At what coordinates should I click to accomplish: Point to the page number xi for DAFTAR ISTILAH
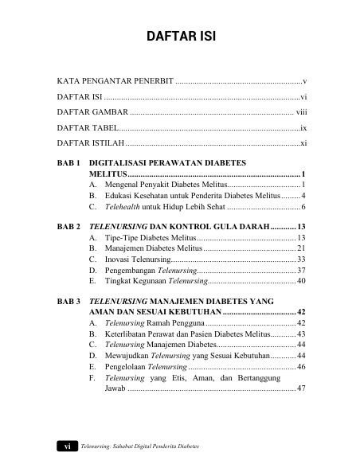[x=303, y=142]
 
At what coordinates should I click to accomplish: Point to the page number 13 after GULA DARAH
[x=302, y=227]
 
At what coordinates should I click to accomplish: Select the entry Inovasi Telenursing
[x=137, y=259]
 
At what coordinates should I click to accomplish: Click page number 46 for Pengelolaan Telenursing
[x=302, y=367]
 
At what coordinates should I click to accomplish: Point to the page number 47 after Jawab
[x=302, y=389]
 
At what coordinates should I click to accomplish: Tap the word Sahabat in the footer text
[x=132, y=447]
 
